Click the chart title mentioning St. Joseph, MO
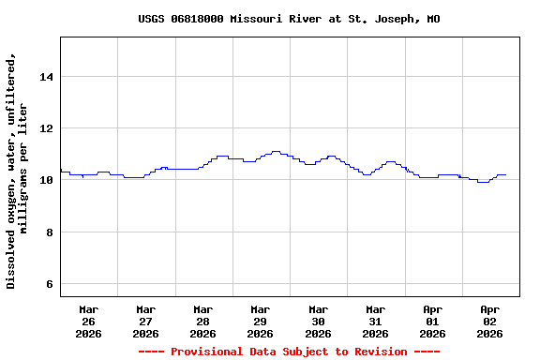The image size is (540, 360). click(x=289, y=19)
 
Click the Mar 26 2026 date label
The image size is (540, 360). click(x=89, y=321)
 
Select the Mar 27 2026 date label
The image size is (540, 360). click(x=146, y=321)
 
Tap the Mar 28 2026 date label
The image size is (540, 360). click(x=203, y=321)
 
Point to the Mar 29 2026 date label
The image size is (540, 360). click(x=261, y=321)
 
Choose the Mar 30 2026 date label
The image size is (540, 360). click(x=318, y=321)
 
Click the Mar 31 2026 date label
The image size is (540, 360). click(x=375, y=321)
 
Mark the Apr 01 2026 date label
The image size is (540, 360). click(x=432, y=321)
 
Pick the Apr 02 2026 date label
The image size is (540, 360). click(x=489, y=321)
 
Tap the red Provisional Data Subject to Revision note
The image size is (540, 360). click(x=289, y=352)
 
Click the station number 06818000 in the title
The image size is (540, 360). click(x=197, y=19)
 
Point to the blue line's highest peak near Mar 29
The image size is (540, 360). click(x=275, y=151)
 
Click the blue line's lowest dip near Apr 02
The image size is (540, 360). click(x=483, y=182)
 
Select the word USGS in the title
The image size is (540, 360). click(x=152, y=19)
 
